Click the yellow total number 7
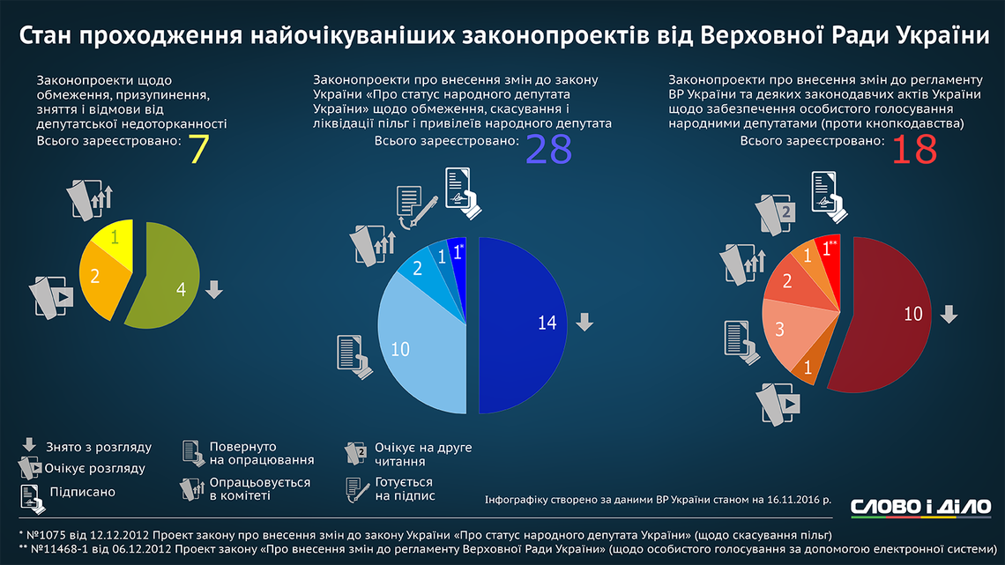199,149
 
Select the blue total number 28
548,149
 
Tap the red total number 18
912,149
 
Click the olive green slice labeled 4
172,282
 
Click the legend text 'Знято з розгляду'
99,448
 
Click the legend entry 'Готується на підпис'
403,489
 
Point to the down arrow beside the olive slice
212,289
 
